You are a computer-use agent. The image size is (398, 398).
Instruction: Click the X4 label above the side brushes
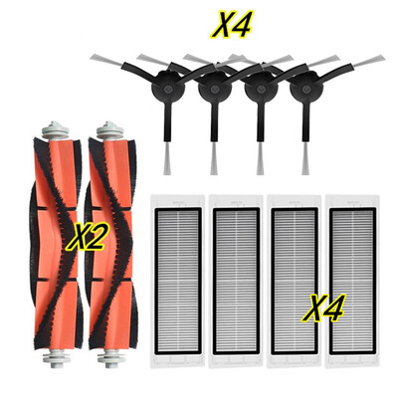pyautogui.click(x=232, y=24)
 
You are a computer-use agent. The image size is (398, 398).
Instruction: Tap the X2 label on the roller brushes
pyautogui.click(x=86, y=237)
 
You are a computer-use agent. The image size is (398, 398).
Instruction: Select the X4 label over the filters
pyautogui.click(x=322, y=308)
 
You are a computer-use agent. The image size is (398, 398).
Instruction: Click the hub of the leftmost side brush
pyautogui.click(x=167, y=88)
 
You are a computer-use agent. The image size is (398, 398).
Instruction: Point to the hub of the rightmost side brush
pyautogui.click(x=305, y=88)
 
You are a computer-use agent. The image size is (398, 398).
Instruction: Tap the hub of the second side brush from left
pyautogui.click(x=214, y=89)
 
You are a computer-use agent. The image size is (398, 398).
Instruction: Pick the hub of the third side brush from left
pyautogui.click(x=261, y=89)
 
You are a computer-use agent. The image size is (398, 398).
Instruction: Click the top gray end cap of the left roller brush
pyautogui.click(x=53, y=130)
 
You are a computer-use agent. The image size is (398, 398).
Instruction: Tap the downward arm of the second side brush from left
pyautogui.click(x=214, y=124)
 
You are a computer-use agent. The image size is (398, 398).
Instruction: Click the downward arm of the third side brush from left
pyautogui.click(x=261, y=124)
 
